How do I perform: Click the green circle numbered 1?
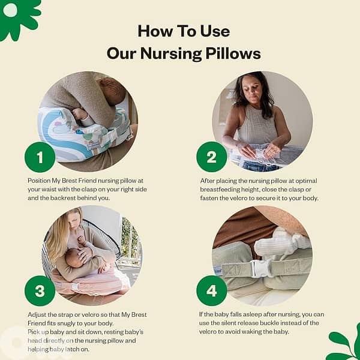coord(40,158)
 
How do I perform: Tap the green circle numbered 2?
coord(211,158)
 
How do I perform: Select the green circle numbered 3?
coord(40,291)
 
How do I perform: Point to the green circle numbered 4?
coord(211,291)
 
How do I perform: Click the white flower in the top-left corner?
coord(11,10)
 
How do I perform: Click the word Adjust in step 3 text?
coord(40,314)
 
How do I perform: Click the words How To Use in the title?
coord(183,31)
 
